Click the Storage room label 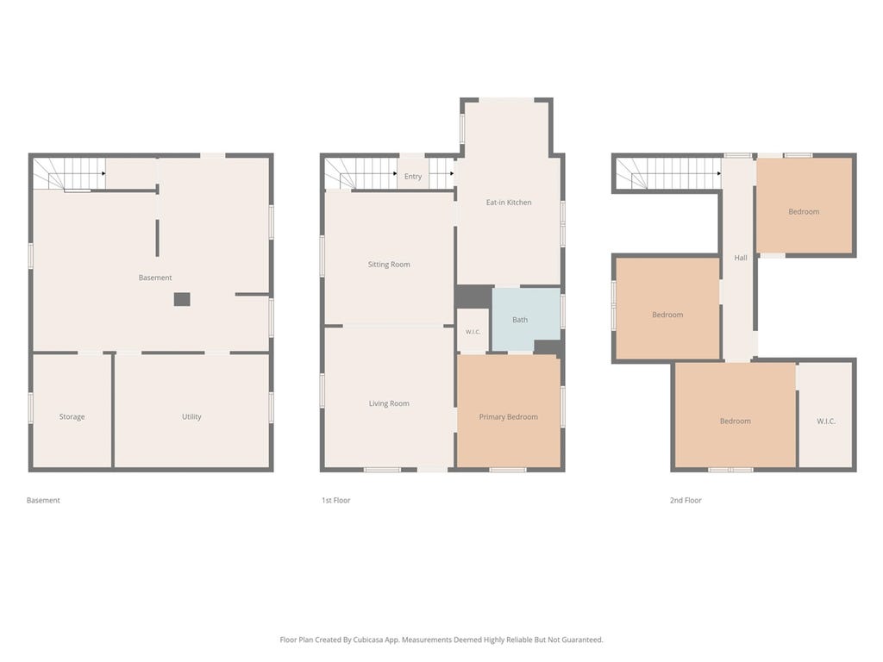pos(72,417)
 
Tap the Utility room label pos(191,417)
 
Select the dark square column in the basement pos(182,299)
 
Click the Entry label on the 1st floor pos(413,177)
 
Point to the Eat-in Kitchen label pos(509,203)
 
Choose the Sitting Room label pos(389,265)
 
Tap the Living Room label pos(389,403)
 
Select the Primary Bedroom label pos(509,417)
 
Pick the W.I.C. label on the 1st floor pos(473,332)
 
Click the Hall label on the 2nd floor pos(741,258)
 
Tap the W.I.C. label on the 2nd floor pos(826,422)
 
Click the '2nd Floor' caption pos(686,501)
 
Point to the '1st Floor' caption pos(335,501)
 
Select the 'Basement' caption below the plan pos(43,501)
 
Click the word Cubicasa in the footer pos(367,640)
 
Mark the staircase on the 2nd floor pos(668,173)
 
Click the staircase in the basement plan pos(69,173)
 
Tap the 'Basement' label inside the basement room pos(155,278)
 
